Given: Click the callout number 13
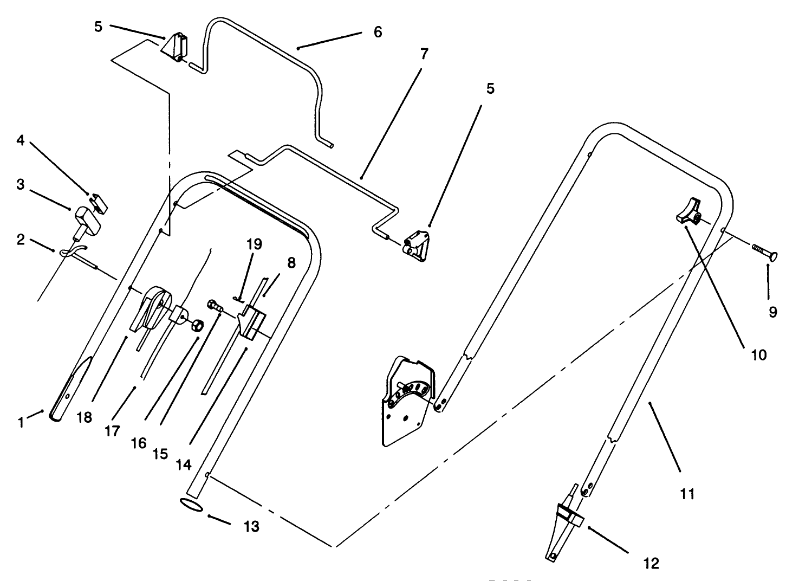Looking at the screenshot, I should coord(251,526).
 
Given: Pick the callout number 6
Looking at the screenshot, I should coord(378,32).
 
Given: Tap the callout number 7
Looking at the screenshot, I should coord(424,53).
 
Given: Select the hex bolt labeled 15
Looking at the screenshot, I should coord(215,306).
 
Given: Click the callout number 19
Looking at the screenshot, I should coord(254,244).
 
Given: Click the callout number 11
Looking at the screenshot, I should coord(687,493).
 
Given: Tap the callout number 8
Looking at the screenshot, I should coord(291,263).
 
